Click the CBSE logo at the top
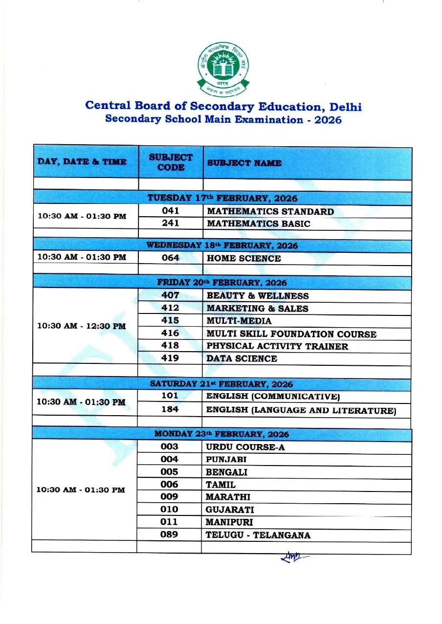pos(223,69)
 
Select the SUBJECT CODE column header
pos(171,162)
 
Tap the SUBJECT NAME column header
pos(244,163)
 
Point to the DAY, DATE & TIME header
pos(82,161)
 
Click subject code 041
pos(171,211)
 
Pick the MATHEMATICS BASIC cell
pos(258,223)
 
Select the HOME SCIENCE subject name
pos(243,258)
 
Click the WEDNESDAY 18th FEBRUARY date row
pos(222,245)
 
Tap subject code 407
pos(170,295)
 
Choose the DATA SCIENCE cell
pos(242,358)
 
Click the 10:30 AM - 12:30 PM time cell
pos(82,326)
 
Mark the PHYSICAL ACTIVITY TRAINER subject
pos(277,346)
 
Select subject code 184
pos(170,409)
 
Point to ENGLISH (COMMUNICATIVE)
pos(273,397)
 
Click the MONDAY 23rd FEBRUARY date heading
pos(221,434)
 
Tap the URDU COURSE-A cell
pos(245,447)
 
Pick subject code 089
pos(169,535)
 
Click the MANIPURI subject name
pos(229,522)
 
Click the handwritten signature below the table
pos(292,557)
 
